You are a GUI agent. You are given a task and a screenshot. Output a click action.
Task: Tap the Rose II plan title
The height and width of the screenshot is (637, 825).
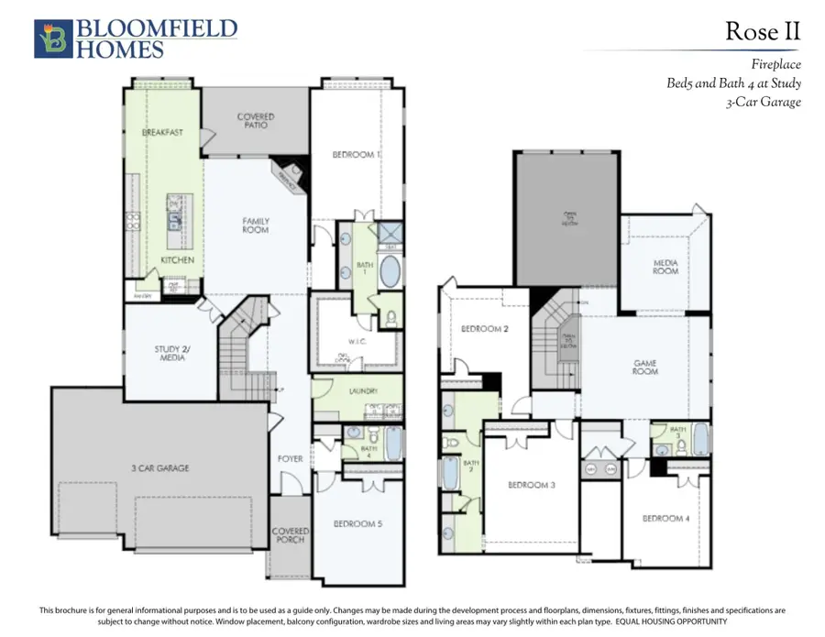(763, 31)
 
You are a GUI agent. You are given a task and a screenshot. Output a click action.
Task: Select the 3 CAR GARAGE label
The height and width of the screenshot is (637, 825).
(159, 468)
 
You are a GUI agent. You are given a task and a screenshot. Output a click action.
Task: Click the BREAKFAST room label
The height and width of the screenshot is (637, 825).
(162, 133)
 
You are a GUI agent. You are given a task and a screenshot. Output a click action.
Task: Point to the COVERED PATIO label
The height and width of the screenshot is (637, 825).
(256, 121)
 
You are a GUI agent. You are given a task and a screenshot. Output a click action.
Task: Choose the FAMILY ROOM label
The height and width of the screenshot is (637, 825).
(256, 225)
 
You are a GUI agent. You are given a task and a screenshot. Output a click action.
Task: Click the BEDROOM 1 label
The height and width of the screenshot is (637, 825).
(356, 155)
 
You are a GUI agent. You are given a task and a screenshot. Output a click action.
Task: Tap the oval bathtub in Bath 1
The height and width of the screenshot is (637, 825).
(390, 272)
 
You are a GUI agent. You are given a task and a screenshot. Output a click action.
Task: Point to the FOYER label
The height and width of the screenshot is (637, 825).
(291, 458)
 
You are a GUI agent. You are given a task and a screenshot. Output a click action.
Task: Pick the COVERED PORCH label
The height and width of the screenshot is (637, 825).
(290, 535)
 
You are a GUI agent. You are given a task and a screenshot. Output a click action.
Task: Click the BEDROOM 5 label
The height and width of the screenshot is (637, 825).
(357, 523)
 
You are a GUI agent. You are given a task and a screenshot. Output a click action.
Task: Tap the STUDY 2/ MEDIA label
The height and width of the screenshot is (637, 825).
(171, 353)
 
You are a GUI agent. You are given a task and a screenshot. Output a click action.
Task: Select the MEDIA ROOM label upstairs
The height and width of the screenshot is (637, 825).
(665, 267)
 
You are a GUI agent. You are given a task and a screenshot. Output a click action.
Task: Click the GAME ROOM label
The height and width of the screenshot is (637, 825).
(644, 369)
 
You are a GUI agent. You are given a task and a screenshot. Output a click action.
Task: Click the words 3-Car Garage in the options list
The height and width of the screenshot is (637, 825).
(763, 102)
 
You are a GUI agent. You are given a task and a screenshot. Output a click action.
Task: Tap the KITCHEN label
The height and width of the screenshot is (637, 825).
(177, 260)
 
